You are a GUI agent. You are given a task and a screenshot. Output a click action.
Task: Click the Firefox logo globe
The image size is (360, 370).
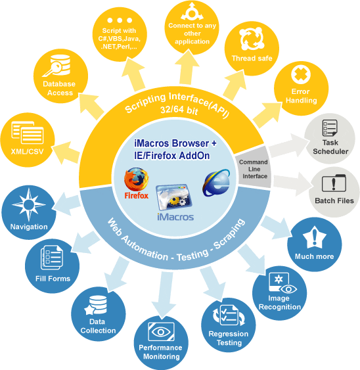click(137, 179)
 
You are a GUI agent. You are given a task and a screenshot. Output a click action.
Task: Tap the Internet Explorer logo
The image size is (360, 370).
click(216, 183)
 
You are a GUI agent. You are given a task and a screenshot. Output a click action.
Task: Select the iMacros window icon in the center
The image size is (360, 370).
click(174, 197)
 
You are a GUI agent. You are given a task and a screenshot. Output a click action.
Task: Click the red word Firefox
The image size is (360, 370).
click(137, 196)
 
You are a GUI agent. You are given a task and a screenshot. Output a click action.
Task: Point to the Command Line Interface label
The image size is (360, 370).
click(254, 169)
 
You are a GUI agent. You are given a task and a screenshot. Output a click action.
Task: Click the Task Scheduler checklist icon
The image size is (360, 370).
click(330, 128)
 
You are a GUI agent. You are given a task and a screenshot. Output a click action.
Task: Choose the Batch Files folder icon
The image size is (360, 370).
click(334, 183)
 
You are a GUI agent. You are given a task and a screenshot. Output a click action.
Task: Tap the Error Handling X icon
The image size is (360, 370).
click(301, 75)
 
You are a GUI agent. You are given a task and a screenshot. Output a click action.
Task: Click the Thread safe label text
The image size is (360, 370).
click(252, 58)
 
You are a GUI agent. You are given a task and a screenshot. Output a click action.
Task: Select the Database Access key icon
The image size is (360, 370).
click(56, 66)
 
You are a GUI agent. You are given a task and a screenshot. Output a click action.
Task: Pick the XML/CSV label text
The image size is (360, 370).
click(28, 151)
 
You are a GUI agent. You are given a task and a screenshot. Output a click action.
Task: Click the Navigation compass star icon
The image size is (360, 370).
click(29, 204)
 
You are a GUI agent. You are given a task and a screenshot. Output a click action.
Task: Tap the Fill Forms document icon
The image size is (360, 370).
click(52, 258)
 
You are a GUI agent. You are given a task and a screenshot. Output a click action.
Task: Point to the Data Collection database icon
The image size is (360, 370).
click(96, 305)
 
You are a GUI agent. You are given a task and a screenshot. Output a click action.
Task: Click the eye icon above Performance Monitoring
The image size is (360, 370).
click(161, 332)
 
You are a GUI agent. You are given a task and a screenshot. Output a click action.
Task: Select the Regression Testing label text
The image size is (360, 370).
click(229, 338)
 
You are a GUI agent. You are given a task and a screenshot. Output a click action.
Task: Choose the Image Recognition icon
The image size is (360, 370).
click(282, 283)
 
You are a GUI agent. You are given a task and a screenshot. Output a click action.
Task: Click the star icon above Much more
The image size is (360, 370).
click(315, 237)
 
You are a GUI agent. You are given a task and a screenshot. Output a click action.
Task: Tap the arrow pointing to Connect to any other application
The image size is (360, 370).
click(187, 67)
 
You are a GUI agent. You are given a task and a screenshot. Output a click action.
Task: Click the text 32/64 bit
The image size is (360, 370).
click(179, 110)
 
